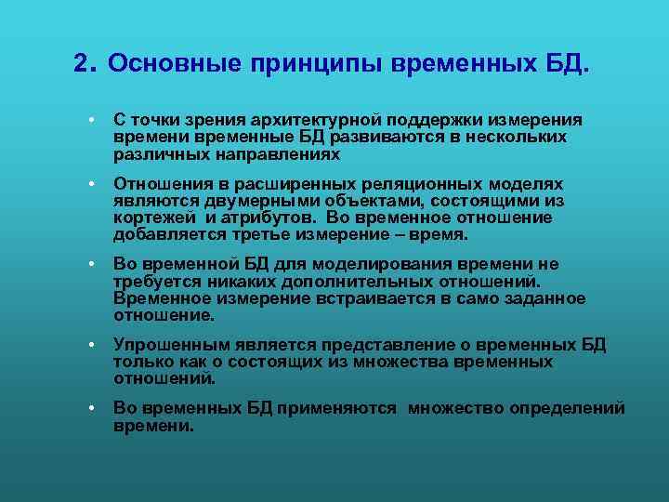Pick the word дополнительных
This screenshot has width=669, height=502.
click(334, 282)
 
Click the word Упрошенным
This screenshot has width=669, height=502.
click(164, 346)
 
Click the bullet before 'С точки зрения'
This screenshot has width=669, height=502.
click(94, 121)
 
